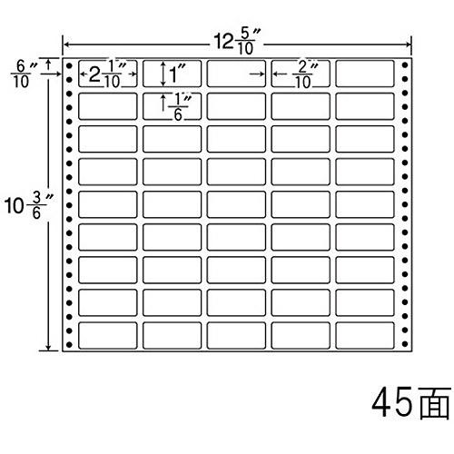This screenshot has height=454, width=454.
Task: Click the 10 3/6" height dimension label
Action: (x=29, y=205)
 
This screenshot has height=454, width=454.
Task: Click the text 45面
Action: (x=411, y=403)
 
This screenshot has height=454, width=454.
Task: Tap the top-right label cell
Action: (x=365, y=74)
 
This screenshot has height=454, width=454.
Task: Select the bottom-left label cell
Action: (x=107, y=335)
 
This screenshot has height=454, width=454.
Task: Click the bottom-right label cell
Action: (x=365, y=335)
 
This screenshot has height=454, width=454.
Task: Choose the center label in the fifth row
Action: (x=236, y=204)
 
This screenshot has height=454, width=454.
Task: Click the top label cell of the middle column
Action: (x=236, y=74)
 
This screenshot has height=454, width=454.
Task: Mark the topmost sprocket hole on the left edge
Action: (x=69, y=65)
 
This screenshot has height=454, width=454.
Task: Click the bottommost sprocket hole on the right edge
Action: (x=405, y=344)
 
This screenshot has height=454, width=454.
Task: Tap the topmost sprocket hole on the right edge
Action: (x=405, y=65)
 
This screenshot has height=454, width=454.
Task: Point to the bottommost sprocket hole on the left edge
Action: (x=69, y=344)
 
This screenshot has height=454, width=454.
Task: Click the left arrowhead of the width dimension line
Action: (x=65, y=45)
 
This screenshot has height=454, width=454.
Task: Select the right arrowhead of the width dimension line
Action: (x=408, y=45)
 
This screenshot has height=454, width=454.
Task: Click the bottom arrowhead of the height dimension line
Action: (x=48, y=348)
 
